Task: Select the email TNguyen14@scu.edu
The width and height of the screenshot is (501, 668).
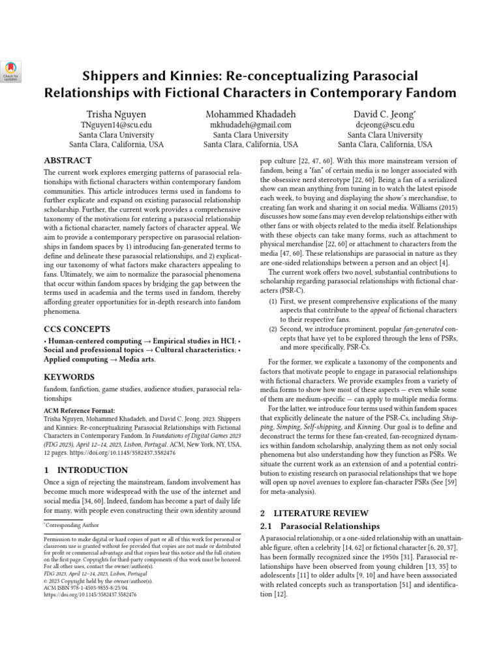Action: (x=117, y=124)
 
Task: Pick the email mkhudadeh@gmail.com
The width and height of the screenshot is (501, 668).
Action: (x=250, y=124)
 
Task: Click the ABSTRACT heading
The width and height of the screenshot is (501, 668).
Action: (x=68, y=160)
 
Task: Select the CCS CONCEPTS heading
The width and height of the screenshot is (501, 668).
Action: (x=77, y=329)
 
